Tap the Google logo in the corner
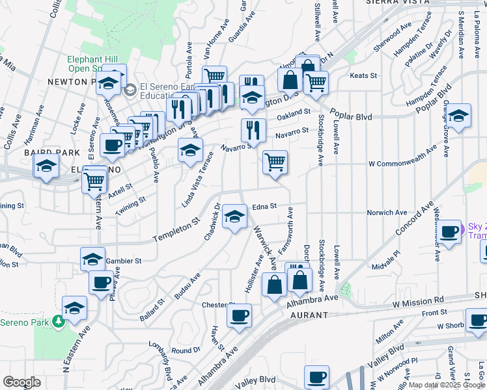coord(21,382)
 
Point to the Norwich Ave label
coord(387,213)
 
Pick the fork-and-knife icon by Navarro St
coord(253,129)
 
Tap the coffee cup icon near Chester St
coord(239,315)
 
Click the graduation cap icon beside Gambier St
coord(92,259)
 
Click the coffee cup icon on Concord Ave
coord(448,232)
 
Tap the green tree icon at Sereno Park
coord(59,321)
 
